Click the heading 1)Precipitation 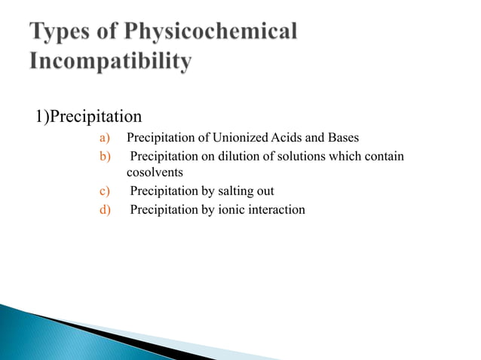pos(88,117)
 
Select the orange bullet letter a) pos(105,139)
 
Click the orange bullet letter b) pos(105,157)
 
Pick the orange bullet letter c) pos(105,191)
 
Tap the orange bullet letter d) pos(105,209)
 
